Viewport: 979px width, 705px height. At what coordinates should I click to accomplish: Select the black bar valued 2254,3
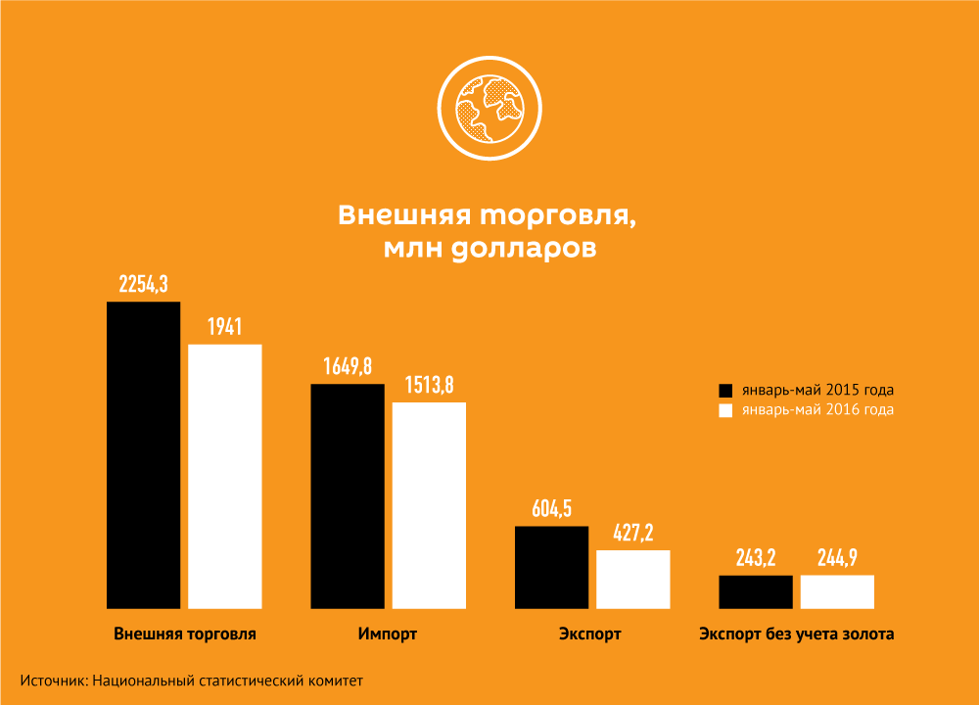(143, 455)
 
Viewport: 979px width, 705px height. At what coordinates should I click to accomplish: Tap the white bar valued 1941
(225, 477)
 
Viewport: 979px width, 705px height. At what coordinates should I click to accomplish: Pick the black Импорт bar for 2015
(348, 496)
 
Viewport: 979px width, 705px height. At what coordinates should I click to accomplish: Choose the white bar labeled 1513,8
(429, 505)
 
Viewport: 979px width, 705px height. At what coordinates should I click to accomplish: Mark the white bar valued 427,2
(632, 580)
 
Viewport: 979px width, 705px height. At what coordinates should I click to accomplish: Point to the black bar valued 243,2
(756, 591)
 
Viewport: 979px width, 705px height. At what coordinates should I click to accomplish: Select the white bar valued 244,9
(837, 591)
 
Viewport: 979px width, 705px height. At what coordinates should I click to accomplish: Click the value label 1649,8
(348, 366)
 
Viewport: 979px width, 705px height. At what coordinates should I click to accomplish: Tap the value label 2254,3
(144, 285)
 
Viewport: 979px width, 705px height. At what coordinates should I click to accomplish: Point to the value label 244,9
(837, 558)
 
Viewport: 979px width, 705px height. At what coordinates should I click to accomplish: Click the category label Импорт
(388, 634)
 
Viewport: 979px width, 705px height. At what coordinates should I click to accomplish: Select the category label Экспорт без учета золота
(796, 634)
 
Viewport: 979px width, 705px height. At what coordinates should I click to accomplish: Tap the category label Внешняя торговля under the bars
(185, 634)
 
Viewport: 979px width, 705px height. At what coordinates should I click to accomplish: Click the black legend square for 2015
(725, 389)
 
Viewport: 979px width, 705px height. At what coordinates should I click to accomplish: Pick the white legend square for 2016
(725, 410)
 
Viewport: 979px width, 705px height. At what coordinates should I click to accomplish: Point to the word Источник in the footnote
(51, 680)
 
